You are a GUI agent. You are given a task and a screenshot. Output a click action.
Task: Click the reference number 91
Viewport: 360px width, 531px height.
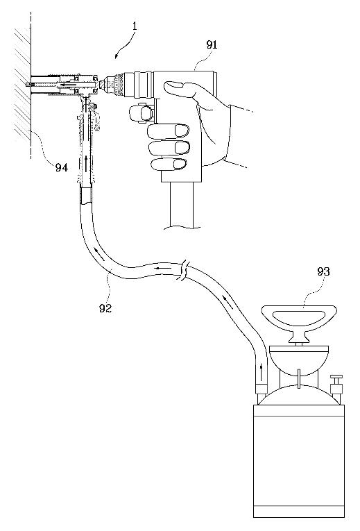[x=212, y=45]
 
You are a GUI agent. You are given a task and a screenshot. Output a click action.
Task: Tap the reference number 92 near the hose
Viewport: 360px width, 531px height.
[x=105, y=307]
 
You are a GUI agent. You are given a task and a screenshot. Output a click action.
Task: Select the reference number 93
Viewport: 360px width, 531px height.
[x=323, y=271]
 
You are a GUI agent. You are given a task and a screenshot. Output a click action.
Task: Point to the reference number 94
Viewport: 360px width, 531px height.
[x=62, y=167]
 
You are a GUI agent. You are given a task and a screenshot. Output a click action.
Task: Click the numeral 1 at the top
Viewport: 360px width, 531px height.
[x=135, y=26]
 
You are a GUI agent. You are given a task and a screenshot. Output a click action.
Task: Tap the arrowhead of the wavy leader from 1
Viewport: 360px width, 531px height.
[x=117, y=57]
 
